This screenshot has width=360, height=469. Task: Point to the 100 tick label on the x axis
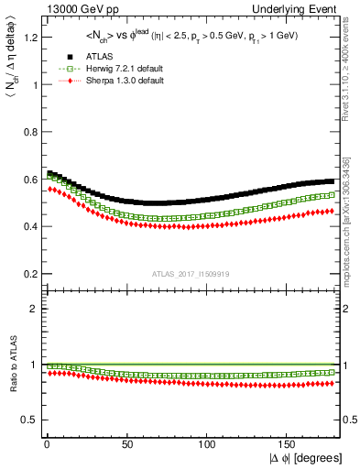click(208, 444)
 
